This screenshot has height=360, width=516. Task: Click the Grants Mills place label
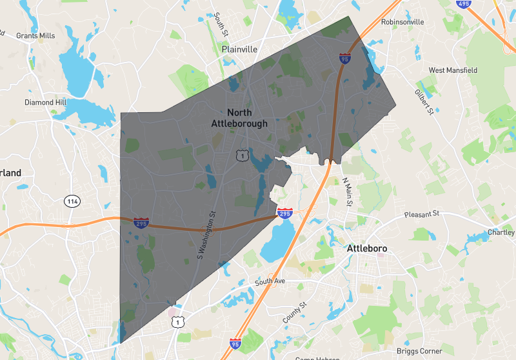pos(36,35)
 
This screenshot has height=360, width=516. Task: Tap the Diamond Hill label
pos(45,103)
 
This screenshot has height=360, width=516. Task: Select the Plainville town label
pos(239,49)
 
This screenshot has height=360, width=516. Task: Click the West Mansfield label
pos(454,70)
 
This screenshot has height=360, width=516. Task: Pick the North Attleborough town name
pos(239,118)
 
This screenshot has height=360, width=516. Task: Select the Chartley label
pos(501,232)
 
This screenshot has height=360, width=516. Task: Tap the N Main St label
pos(348,192)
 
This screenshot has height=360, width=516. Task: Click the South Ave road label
pos(270,282)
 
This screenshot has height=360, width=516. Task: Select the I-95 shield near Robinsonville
pos(346,59)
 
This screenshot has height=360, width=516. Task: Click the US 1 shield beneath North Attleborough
pos(241,155)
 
